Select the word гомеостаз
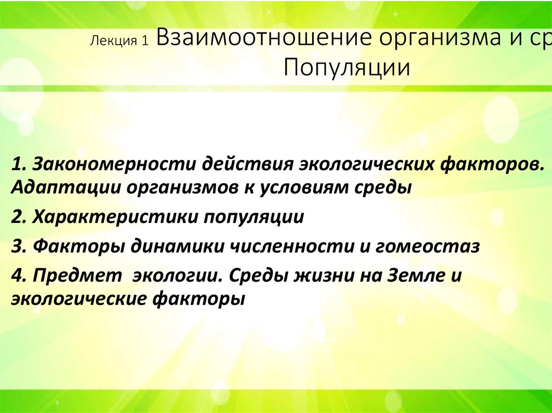423,246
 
